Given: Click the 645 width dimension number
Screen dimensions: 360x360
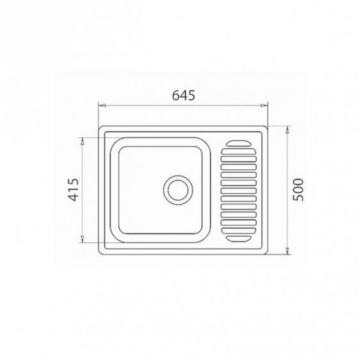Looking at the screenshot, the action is tap(183, 95).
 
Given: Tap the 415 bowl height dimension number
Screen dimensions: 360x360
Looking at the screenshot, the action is tap(74, 189).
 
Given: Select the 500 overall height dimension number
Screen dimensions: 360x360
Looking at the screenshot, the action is tap(299, 189).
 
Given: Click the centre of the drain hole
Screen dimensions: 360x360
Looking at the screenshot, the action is tap(178, 190).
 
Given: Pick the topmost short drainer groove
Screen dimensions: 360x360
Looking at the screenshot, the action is tap(238, 143).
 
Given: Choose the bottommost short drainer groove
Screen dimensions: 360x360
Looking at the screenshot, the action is tap(238, 238).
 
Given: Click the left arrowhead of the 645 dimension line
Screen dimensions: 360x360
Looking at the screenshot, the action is tap(101, 105).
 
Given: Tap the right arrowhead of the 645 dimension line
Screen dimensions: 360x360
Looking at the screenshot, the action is tap(264, 105).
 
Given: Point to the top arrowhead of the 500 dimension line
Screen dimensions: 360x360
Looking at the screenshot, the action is tap(287, 129).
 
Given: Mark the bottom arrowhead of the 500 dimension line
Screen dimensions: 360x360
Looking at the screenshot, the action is tap(287, 250).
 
